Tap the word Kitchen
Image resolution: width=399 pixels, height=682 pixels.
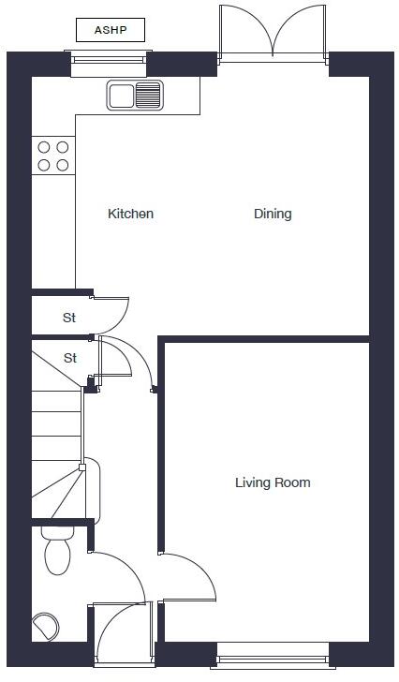pyautogui.click(x=130, y=214)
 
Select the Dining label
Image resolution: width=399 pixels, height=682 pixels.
pyautogui.click(x=273, y=214)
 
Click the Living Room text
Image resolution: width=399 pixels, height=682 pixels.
pyautogui.click(x=272, y=483)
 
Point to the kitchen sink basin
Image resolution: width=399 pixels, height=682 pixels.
pyautogui.click(x=121, y=95)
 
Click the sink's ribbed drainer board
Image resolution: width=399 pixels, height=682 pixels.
pyautogui.click(x=149, y=95)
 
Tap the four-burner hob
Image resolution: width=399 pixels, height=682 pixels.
pyautogui.click(x=52, y=156)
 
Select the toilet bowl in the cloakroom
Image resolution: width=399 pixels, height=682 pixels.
pyautogui.click(x=57, y=556)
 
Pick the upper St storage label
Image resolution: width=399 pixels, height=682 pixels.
pyautogui.click(x=69, y=319)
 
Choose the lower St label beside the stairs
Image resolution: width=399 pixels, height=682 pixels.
pyautogui.click(x=69, y=359)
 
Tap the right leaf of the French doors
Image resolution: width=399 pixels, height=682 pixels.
pyautogui.click(x=300, y=28)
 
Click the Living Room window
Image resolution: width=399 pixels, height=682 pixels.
pyautogui.click(x=272, y=661)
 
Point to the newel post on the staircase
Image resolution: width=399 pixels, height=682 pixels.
pyautogui.click(x=82, y=467)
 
